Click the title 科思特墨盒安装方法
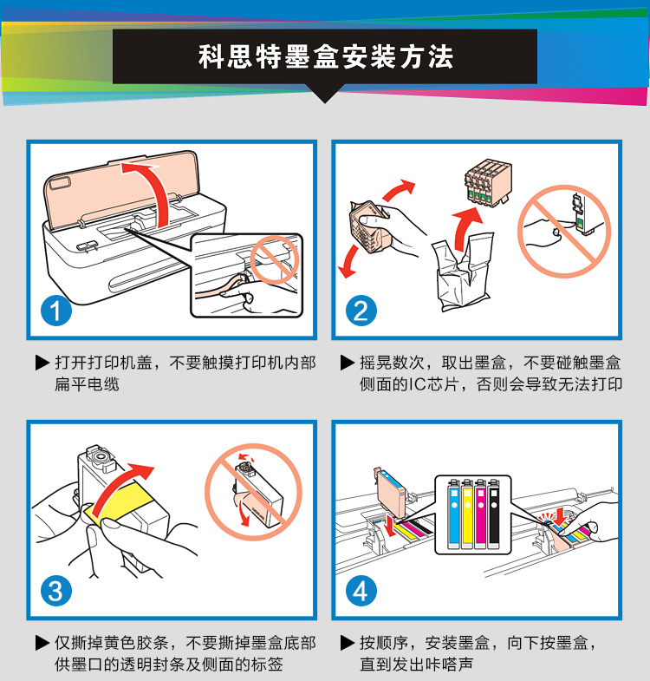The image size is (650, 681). click(x=326, y=56)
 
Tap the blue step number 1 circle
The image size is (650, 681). click(x=56, y=311)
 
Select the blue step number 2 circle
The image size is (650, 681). click(x=361, y=311)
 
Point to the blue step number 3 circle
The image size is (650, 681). click(x=56, y=591)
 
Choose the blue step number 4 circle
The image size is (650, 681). click(x=361, y=591)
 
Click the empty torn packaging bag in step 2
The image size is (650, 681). click(x=463, y=273)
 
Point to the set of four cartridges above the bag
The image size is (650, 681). click(x=488, y=182)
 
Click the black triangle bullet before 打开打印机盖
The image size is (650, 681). click(x=42, y=363)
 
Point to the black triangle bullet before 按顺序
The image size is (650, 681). click(x=348, y=643)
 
